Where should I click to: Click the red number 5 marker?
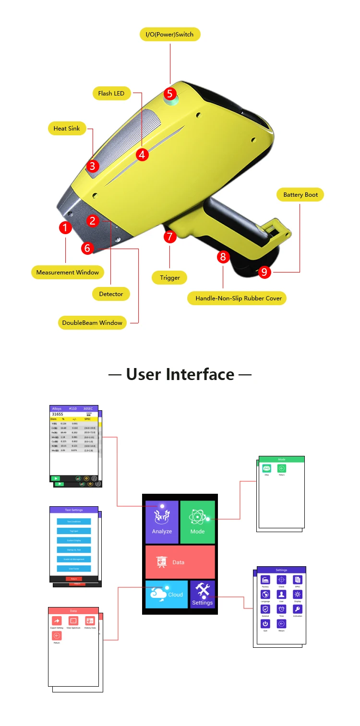[x=170, y=94]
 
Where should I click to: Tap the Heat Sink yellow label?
[x=67, y=129]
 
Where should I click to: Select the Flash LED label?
[x=111, y=94]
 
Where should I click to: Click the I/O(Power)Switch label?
[x=170, y=35]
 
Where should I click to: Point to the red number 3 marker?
[x=93, y=166]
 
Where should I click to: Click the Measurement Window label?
[x=68, y=273]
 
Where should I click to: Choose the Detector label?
[x=111, y=294]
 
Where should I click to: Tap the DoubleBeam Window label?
[x=92, y=323]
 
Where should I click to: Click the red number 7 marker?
[x=170, y=236]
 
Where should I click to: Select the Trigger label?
[x=169, y=278]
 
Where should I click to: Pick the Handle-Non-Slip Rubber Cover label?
[x=238, y=298]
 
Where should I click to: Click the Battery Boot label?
[x=300, y=195]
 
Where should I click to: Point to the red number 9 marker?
[x=264, y=272]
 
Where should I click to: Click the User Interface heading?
[x=180, y=374]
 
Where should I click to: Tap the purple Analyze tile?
[x=162, y=522]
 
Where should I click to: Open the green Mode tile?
[x=197, y=522]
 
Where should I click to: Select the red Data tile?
[x=180, y=562]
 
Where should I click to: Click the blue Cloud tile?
[x=167, y=594]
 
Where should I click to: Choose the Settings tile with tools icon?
[x=202, y=594]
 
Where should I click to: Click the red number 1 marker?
[x=66, y=227]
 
